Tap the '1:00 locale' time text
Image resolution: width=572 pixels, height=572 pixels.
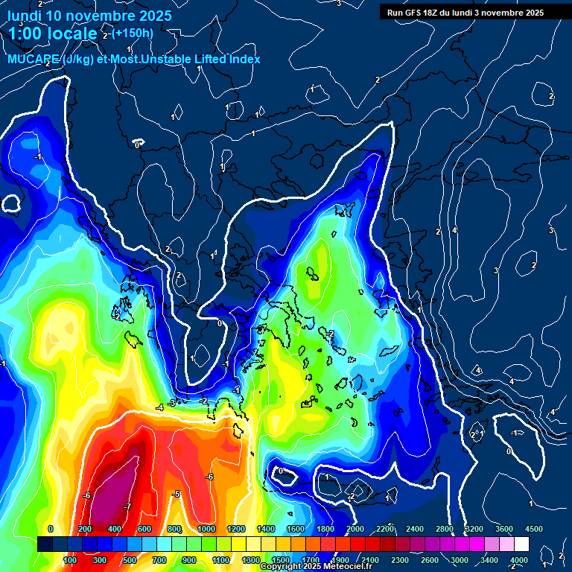(54, 34)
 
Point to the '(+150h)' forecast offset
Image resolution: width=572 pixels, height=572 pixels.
(133, 33)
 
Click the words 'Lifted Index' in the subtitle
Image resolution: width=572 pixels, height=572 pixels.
(223, 59)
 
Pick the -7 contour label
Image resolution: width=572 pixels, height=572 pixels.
(127, 506)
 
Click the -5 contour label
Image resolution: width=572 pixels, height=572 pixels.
(176, 494)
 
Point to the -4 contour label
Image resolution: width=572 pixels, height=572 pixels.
(159, 407)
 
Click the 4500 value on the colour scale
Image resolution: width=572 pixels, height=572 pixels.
(533, 529)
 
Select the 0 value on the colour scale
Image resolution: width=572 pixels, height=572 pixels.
(50, 529)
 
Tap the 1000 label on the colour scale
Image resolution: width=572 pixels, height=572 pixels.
(206, 529)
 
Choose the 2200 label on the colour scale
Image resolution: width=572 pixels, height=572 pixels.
(385, 529)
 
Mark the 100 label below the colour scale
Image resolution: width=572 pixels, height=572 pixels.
(70, 560)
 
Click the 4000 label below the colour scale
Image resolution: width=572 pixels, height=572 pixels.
(518, 560)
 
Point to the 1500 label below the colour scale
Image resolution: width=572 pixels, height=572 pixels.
(281, 560)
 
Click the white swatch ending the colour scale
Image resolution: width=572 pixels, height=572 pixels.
(521, 544)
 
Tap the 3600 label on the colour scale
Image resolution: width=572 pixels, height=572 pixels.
(504, 529)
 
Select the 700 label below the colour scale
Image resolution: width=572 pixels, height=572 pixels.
(159, 560)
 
